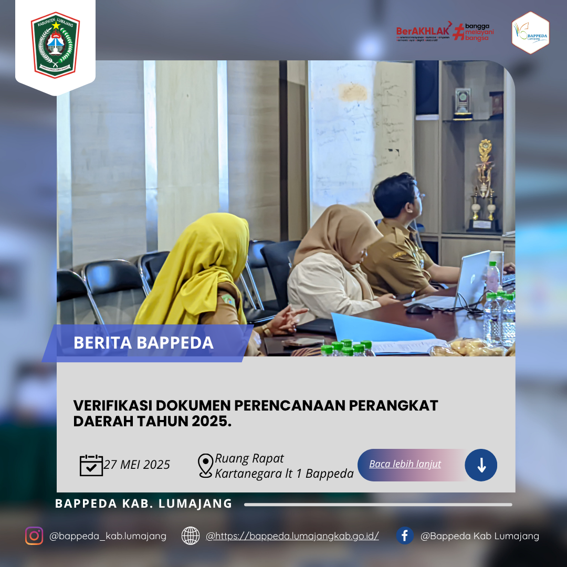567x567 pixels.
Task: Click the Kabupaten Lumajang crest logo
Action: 55,45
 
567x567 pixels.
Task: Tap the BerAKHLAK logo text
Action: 424,30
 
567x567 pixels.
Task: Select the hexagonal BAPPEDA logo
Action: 530,33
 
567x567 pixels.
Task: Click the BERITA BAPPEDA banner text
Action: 143,343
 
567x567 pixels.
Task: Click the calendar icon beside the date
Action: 91,465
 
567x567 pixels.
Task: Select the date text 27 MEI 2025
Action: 137,465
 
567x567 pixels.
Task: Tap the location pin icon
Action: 205,465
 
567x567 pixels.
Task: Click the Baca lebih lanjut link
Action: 405,464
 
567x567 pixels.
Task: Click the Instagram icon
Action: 34,535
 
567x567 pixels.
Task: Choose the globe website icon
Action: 191,535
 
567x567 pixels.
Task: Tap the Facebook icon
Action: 405,535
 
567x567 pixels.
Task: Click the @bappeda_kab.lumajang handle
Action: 108,536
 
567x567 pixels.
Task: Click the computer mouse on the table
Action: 419,308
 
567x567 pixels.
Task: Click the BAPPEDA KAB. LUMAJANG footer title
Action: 143,503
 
